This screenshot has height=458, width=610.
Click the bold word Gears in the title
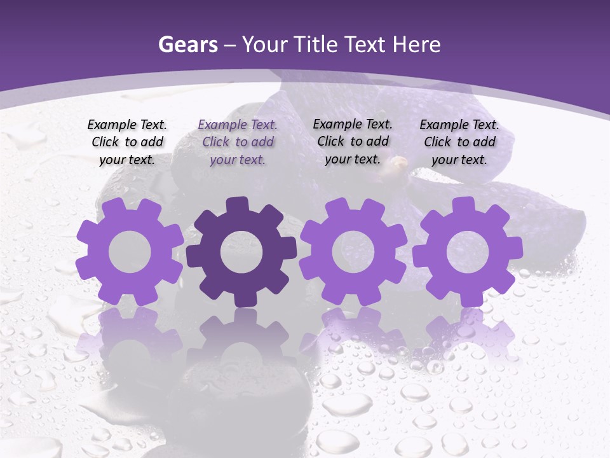point(186,45)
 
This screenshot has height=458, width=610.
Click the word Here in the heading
point(416,45)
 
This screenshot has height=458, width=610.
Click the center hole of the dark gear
point(241,253)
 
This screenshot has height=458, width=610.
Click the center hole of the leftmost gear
point(130,252)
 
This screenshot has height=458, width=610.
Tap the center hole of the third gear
point(353,252)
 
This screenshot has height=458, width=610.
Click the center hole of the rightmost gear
point(467,252)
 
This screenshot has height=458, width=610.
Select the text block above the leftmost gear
point(127,142)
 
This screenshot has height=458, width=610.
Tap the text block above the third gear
point(353,141)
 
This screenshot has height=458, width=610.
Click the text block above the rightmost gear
point(459,142)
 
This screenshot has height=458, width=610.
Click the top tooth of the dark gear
point(238,205)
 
